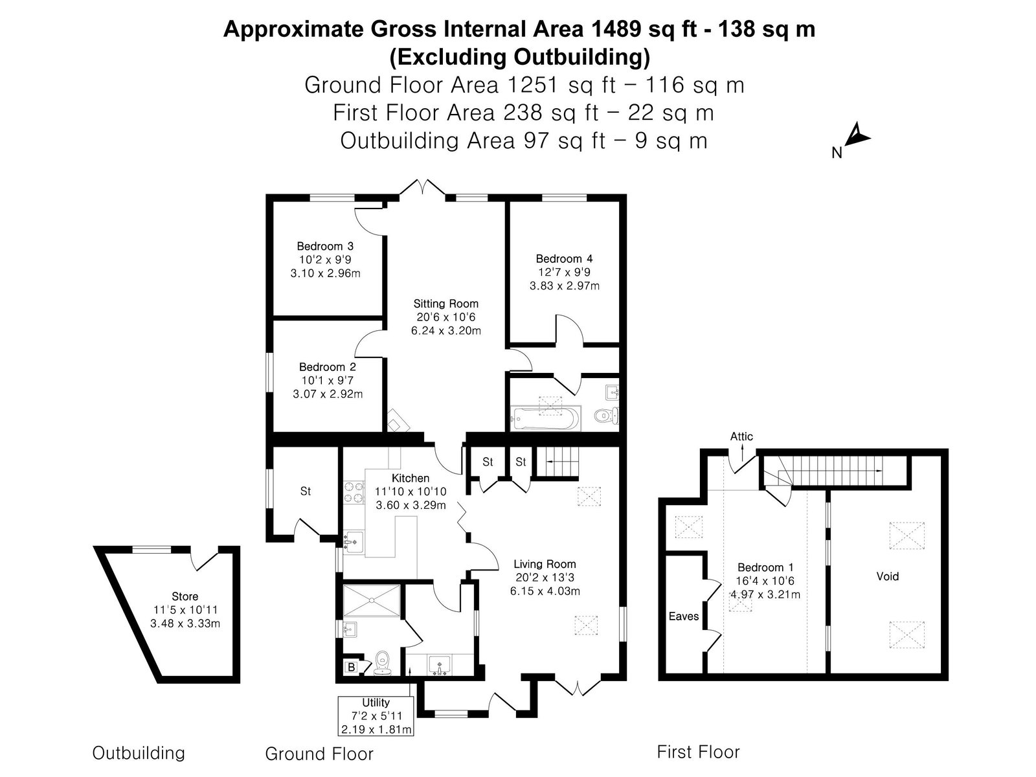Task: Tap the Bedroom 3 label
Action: [325, 246]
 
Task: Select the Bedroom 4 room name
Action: [564, 258]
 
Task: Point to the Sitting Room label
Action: [445, 303]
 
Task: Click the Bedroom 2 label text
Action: [328, 366]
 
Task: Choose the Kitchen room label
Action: [410, 478]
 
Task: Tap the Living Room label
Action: [545, 564]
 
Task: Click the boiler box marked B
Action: [351, 667]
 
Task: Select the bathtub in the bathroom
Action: [546, 418]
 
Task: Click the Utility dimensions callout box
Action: [376, 715]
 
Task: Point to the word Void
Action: [887, 576]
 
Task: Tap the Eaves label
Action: [683, 616]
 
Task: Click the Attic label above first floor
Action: [741, 436]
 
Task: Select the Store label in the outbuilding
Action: [185, 596]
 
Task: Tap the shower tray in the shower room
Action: [372, 600]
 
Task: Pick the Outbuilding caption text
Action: [139, 753]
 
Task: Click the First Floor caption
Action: [698, 752]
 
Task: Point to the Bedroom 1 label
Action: [765, 568]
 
